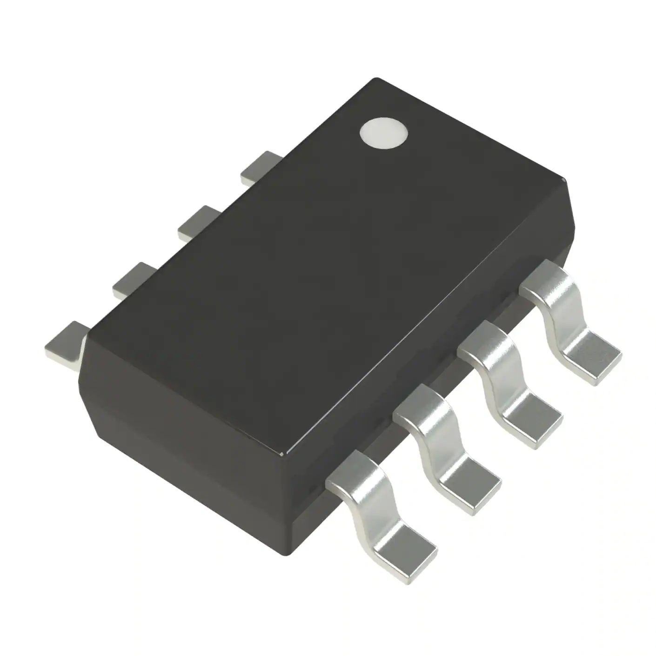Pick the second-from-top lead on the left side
pyautogui.click(x=198, y=222)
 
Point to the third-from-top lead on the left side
pyautogui.click(x=133, y=279)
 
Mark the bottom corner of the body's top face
pyautogui.click(x=285, y=454)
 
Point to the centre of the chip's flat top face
pyautogui.click(x=326, y=265)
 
